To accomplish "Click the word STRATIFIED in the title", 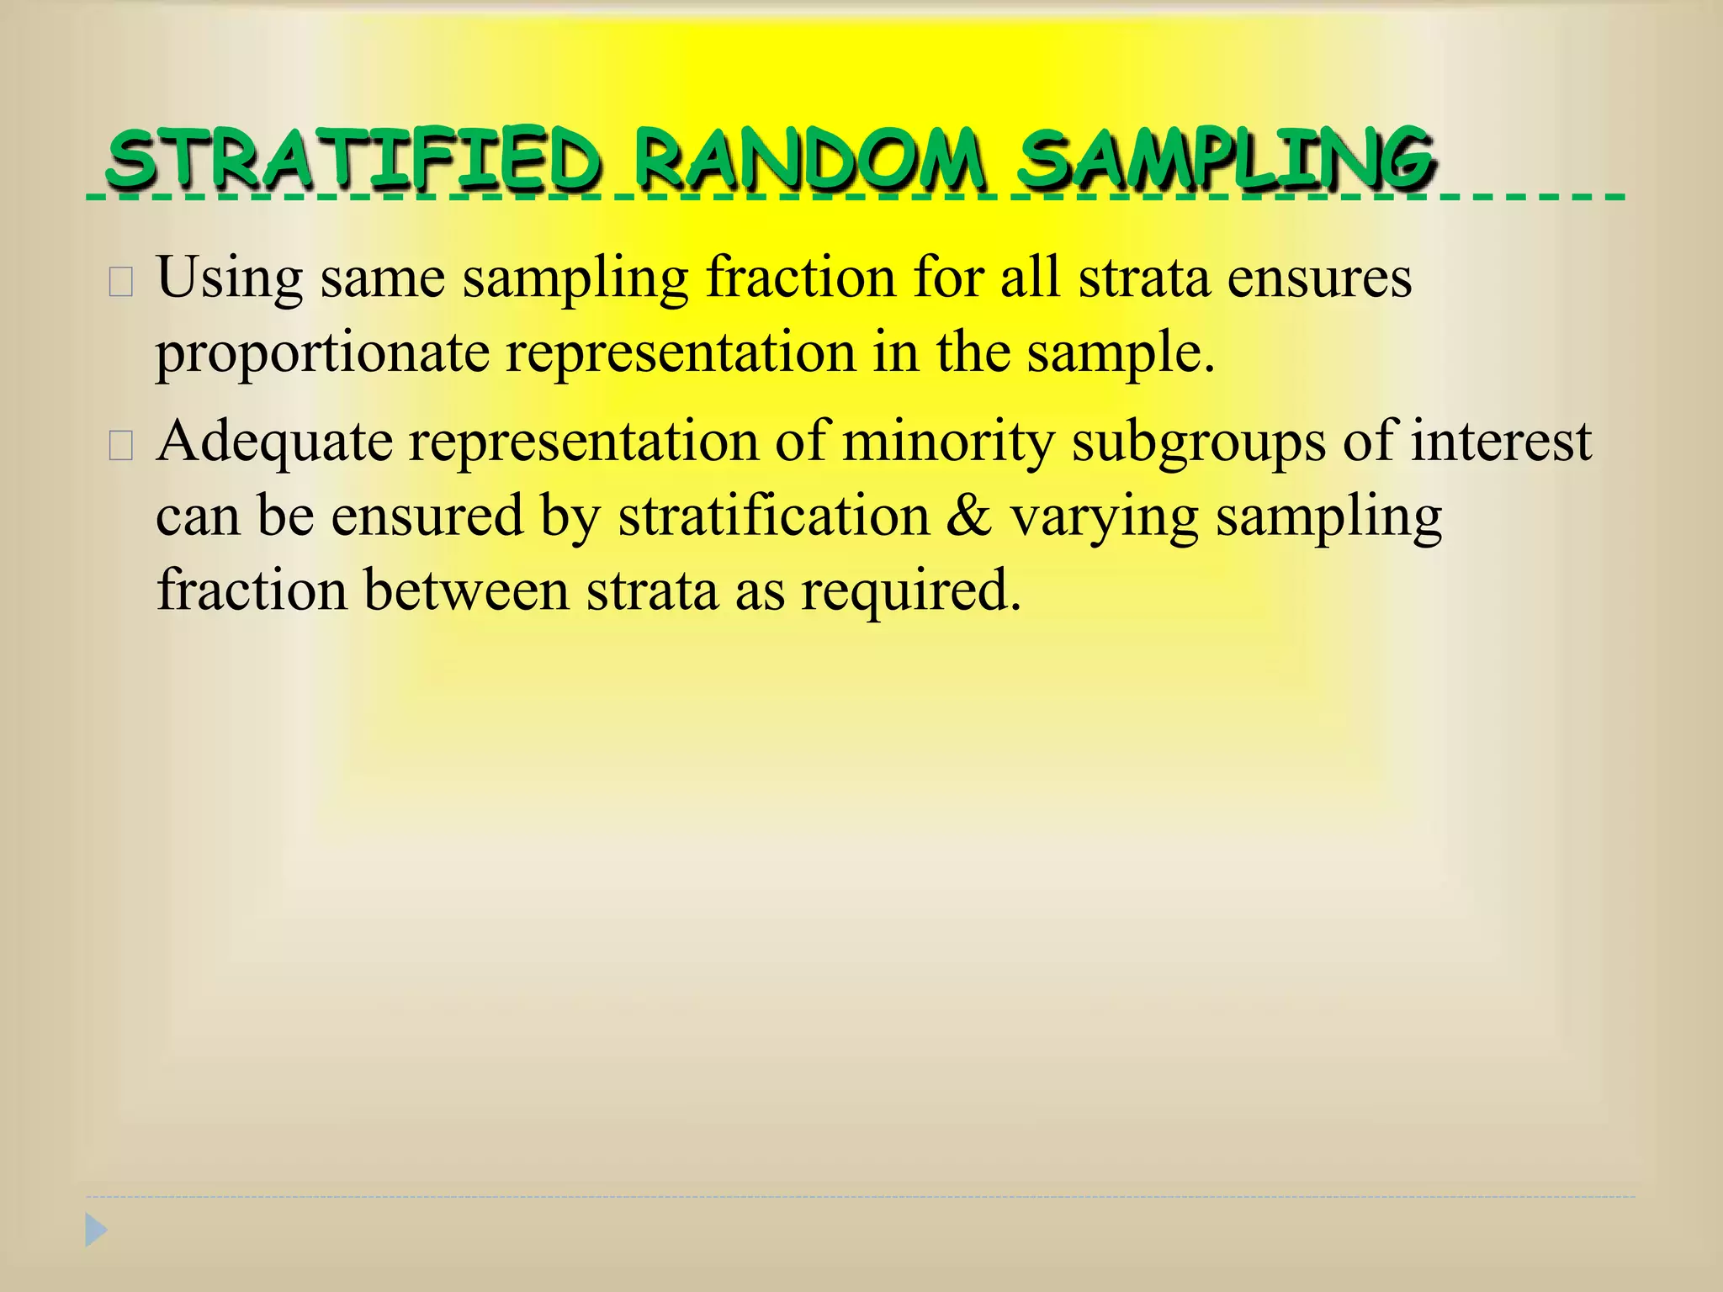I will point(353,160).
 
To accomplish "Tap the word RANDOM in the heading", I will point(808,160).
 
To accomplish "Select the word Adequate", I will point(274,442).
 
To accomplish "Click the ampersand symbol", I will point(968,516).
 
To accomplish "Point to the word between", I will point(467,590).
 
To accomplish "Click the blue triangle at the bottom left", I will point(96,1231).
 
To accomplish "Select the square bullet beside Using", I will point(121,283).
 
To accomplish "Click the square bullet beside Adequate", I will point(121,447).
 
